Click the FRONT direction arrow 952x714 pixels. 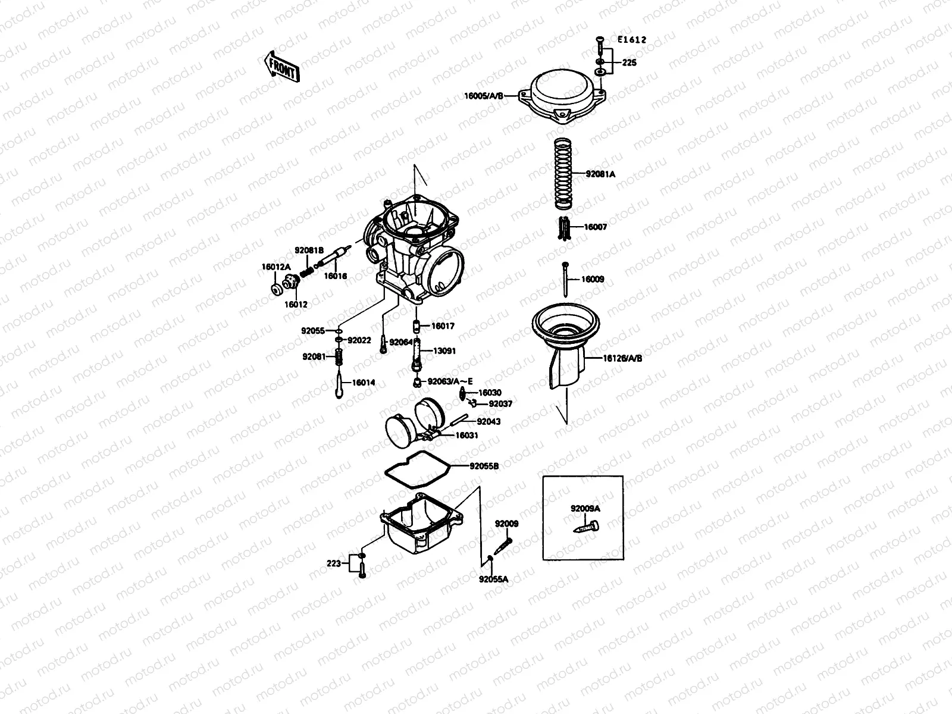[280, 65]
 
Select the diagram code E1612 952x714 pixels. [631, 40]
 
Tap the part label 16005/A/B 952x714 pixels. [484, 95]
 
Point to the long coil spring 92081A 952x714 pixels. [563, 174]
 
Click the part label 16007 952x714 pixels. [595, 227]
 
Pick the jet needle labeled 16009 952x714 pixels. [565, 278]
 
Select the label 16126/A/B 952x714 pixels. [622, 359]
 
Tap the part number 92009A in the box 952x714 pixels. [585, 509]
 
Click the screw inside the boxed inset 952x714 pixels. [587, 527]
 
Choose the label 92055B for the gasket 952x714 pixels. [484, 466]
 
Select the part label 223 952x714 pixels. [333, 563]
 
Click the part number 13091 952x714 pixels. [444, 351]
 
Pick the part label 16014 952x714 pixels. [363, 383]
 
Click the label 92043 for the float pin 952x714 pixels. [488, 421]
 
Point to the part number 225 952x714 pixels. [630, 62]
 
